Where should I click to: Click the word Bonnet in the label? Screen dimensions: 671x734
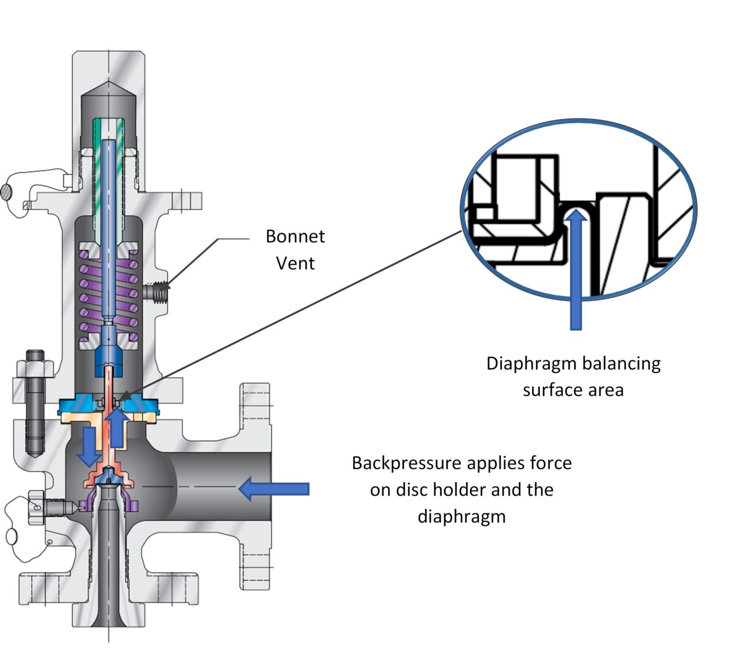coord(295,237)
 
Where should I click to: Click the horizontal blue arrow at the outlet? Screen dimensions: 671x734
coord(274,489)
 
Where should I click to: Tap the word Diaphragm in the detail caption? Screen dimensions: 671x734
coord(531,363)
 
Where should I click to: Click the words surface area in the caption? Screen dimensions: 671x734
coord(572,390)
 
